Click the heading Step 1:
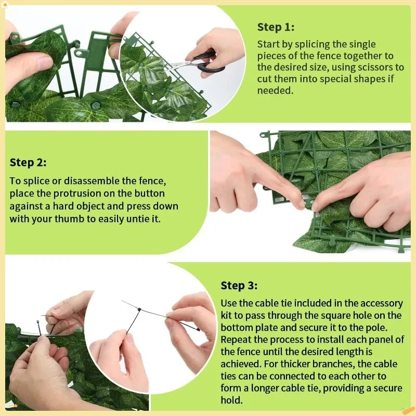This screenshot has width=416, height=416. (276, 27)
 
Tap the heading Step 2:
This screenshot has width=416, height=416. (28, 162)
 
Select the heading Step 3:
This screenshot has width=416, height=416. (239, 285)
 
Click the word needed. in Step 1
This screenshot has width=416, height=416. (276, 90)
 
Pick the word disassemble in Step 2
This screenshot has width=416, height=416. (92, 180)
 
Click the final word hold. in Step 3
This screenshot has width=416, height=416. (231, 400)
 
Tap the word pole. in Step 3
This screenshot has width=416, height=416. (376, 328)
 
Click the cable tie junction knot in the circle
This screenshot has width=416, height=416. (139, 309)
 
